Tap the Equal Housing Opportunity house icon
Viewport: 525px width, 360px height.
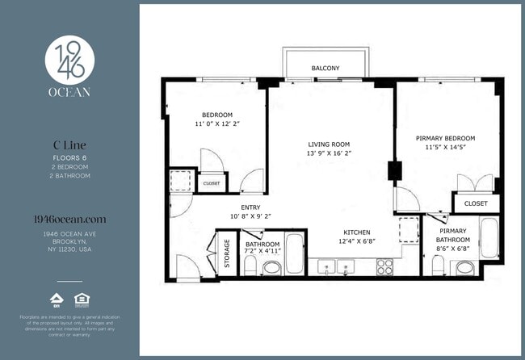click(81, 300)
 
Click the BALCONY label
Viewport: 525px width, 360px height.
click(325, 69)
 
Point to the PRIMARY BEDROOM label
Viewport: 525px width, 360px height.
click(445, 138)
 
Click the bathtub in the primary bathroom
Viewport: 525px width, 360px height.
click(489, 237)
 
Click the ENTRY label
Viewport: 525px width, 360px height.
click(250, 207)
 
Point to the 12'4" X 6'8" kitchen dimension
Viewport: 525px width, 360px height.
click(356, 241)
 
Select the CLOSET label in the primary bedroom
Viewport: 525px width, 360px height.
click(476, 203)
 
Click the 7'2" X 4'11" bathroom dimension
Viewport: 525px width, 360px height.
click(262, 253)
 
